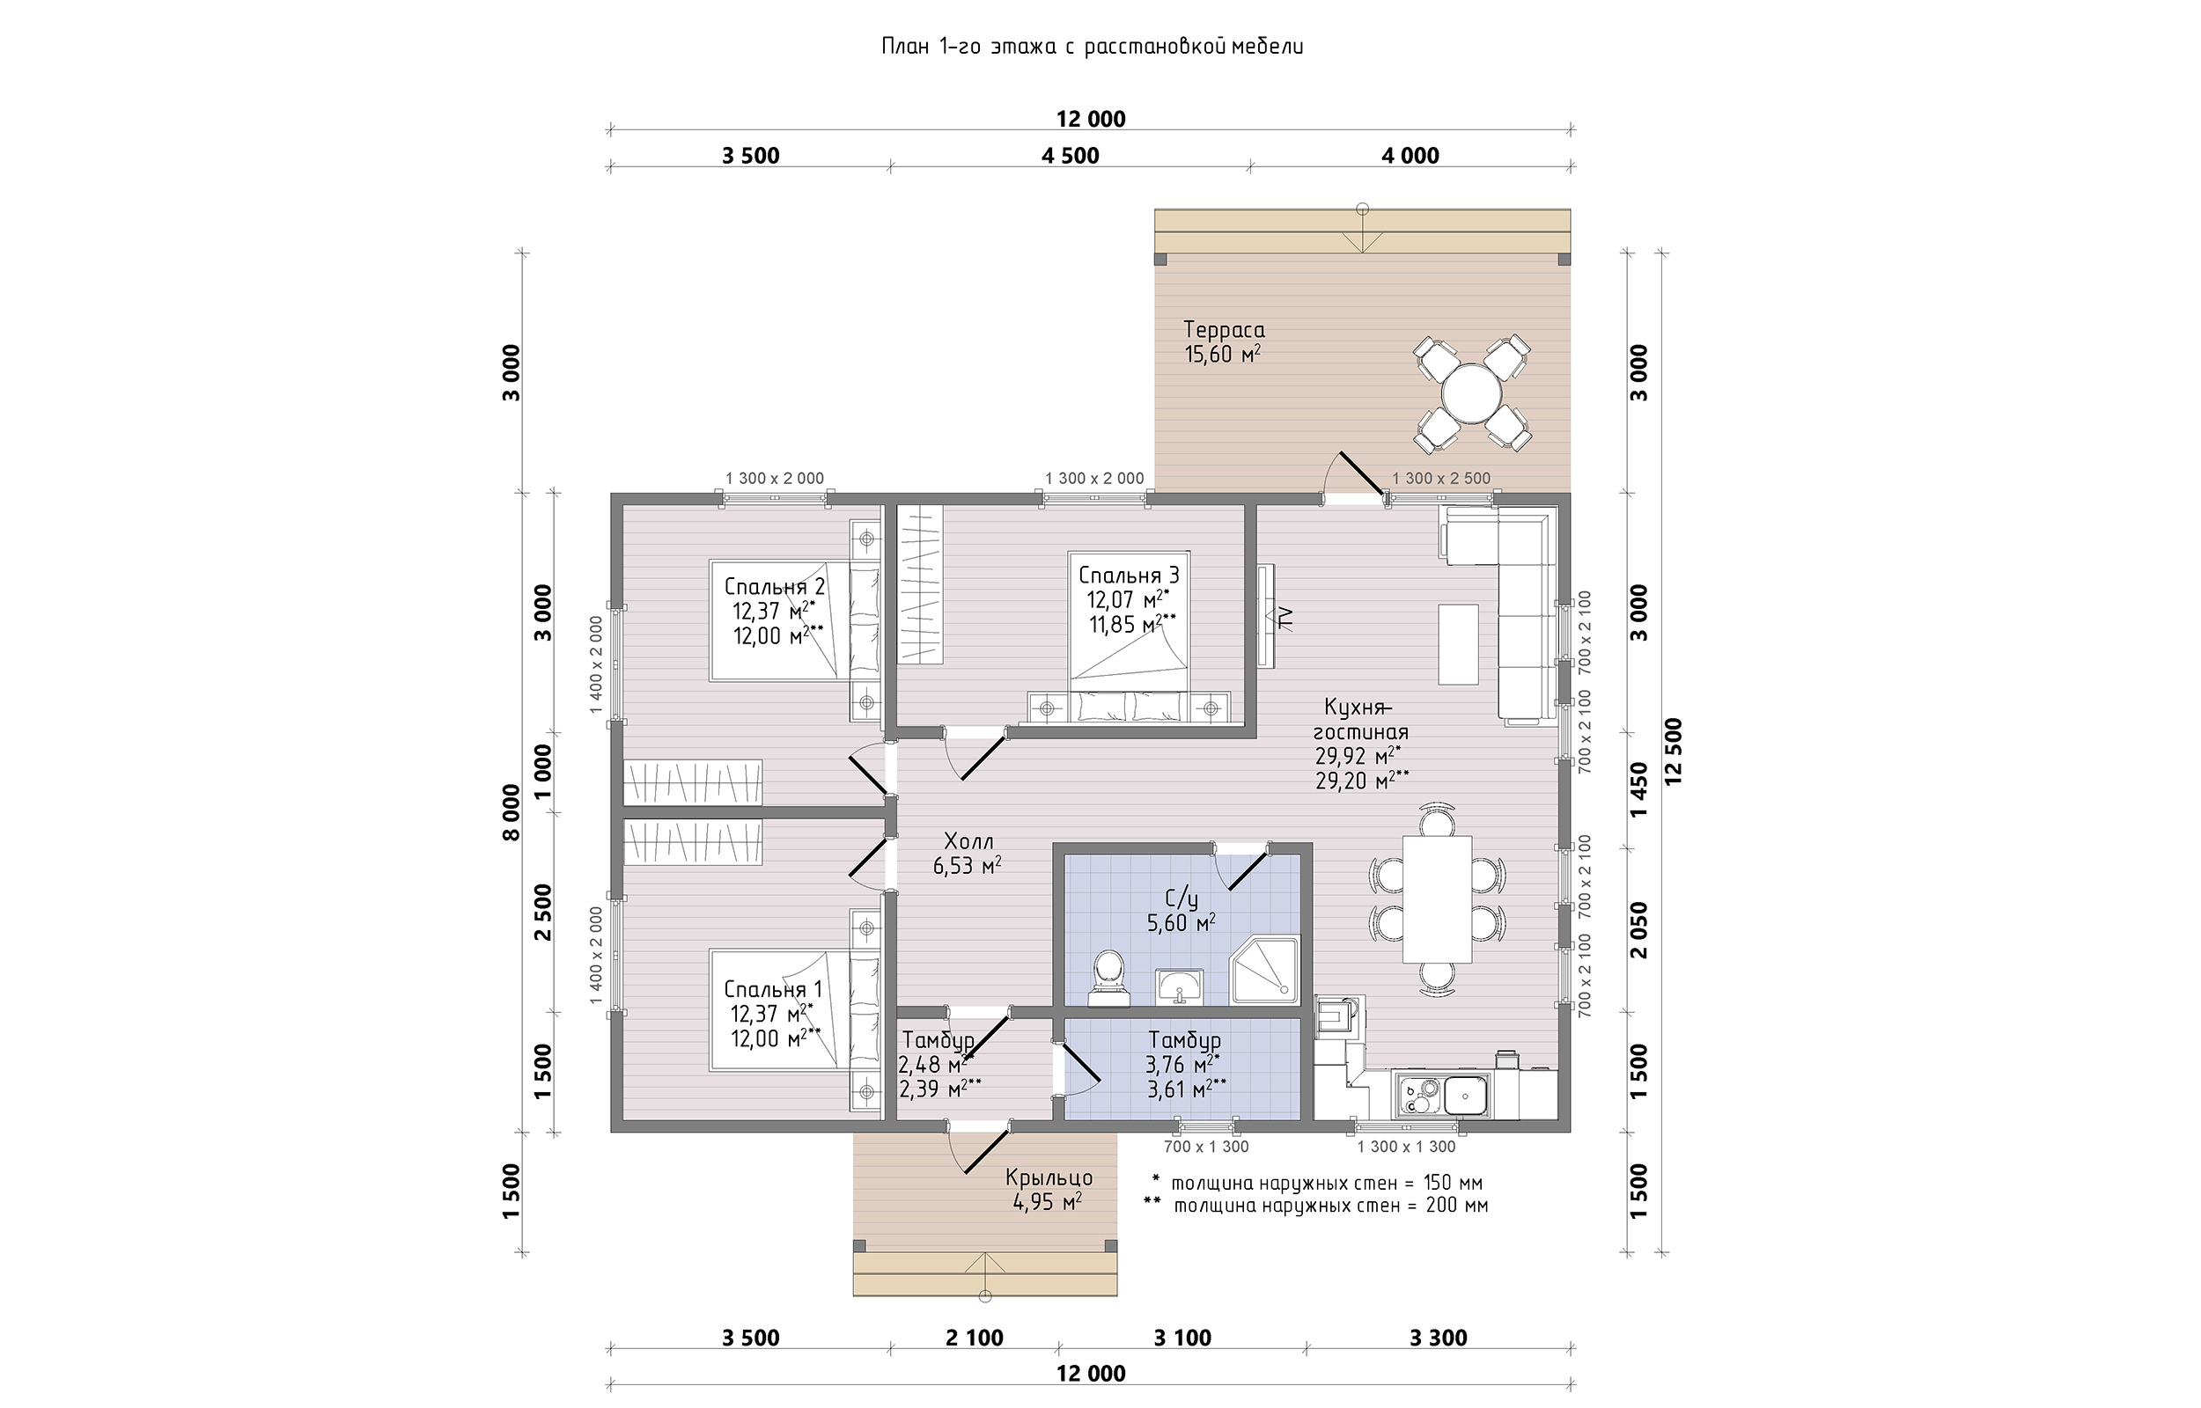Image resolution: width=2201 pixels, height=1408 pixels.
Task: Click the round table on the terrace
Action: pos(1471,393)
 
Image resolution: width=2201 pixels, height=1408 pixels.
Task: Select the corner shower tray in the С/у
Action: pos(1264,970)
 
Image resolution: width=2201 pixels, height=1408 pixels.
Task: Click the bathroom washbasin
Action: pos(1180,986)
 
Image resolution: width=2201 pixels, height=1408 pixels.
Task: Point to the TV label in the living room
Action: pos(1285,619)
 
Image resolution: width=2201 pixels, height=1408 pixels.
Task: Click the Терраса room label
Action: pos(1224,330)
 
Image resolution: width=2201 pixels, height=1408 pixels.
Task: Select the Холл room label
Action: pos(968,841)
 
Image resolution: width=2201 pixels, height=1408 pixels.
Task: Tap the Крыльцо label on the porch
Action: pos(1049,1177)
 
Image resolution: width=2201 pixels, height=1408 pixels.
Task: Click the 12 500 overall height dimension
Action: pos(1674,752)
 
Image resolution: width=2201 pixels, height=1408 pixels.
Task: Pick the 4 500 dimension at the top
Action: pos(1070,156)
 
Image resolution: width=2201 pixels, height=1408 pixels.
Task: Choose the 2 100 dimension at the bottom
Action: pos(974,1338)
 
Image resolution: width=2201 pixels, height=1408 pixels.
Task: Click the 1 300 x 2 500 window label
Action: pos(1441,478)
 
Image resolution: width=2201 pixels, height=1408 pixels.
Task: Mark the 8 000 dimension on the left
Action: pos(512,812)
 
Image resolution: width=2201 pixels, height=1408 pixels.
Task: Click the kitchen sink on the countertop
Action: pos(1464,1094)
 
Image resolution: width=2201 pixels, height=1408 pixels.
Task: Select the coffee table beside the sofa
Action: pos(1458,643)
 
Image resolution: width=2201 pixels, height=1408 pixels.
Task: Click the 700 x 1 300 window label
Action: pos(1205,1147)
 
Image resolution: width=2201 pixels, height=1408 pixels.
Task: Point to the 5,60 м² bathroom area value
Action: pos(1181,923)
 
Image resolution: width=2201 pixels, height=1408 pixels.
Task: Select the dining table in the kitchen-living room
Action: pos(1438,898)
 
